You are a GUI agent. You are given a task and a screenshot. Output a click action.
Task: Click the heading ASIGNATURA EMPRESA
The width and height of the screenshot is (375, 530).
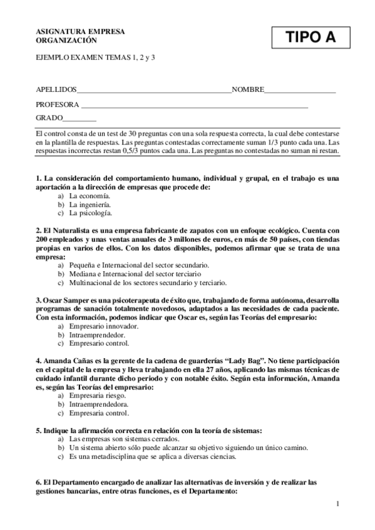[80, 31]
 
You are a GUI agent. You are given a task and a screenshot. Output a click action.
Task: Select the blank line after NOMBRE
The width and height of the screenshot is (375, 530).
[300, 91]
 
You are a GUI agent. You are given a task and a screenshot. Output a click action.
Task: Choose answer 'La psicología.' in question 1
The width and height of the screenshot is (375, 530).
[90, 213]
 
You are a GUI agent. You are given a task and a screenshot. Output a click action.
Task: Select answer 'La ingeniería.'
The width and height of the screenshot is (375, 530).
[90, 204]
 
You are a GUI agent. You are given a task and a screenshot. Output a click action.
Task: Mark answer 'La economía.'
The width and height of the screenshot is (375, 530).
[90, 196]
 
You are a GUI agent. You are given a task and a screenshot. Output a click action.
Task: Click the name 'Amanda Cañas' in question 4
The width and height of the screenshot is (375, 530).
[65, 361]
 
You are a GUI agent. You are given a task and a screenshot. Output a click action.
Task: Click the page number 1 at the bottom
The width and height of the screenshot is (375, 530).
[337, 504]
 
